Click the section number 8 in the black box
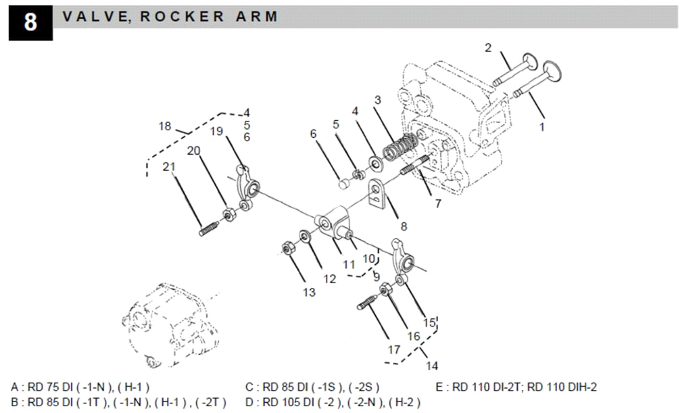pyautogui.click(x=30, y=22)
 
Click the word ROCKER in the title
pyautogui.click(x=182, y=17)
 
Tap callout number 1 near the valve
pyautogui.click(x=542, y=127)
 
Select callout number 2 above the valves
pyautogui.click(x=488, y=48)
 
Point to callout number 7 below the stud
pyautogui.click(x=438, y=203)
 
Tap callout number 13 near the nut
pyautogui.click(x=309, y=293)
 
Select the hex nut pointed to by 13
pyautogui.click(x=286, y=248)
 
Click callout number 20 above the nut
pyautogui.click(x=194, y=151)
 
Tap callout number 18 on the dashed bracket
pyautogui.click(x=165, y=126)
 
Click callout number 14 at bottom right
pyautogui.click(x=432, y=366)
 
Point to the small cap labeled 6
pyautogui.click(x=343, y=184)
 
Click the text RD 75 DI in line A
pyautogui.click(x=49, y=387)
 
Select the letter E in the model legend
pyautogui.click(x=439, y=387)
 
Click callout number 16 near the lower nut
pyautogui.click(x=413, y=336)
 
